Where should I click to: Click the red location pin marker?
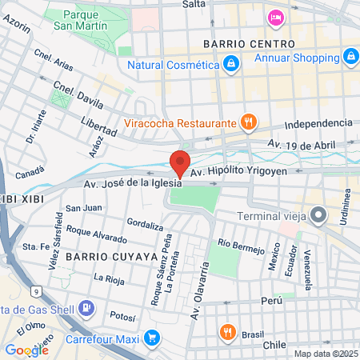click(180, 162)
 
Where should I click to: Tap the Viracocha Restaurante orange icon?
click(249, 123)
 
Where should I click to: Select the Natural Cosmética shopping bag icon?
click(230, 62)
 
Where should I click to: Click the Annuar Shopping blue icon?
click(350, 56)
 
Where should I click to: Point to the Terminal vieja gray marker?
click(319, 214)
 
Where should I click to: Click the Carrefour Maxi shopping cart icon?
click(151, 339)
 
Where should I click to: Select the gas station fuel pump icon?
click(86, 308)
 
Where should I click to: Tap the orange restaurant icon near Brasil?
click(228, 332)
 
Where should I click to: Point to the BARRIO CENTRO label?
click(249, 43)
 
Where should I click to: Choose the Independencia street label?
click(318, 123)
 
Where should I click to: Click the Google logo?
click(26, 350)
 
